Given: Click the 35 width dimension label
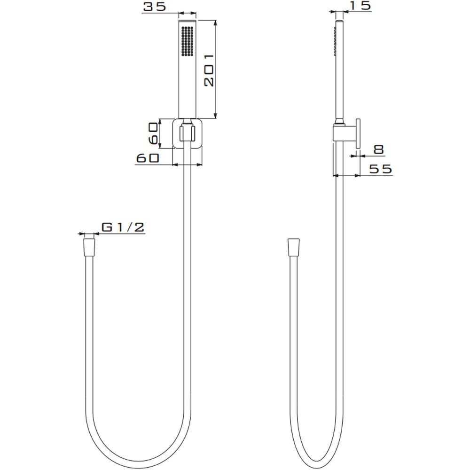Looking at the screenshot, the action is (x=154, y=7).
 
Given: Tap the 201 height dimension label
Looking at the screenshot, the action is (x=209, y=70).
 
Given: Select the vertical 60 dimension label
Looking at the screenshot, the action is (x=153, y=133).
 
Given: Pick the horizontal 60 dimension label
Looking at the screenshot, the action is (x=148, y=158).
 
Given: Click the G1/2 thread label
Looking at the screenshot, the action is (x=123, y=227).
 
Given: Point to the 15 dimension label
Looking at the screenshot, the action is (x=360, y=6).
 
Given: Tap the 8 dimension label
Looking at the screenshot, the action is (x=379, y=149).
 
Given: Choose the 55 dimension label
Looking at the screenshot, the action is (x=380, y=169).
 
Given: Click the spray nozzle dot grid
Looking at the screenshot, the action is (x=188, y=41).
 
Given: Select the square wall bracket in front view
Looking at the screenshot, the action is (x=188, y=133).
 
